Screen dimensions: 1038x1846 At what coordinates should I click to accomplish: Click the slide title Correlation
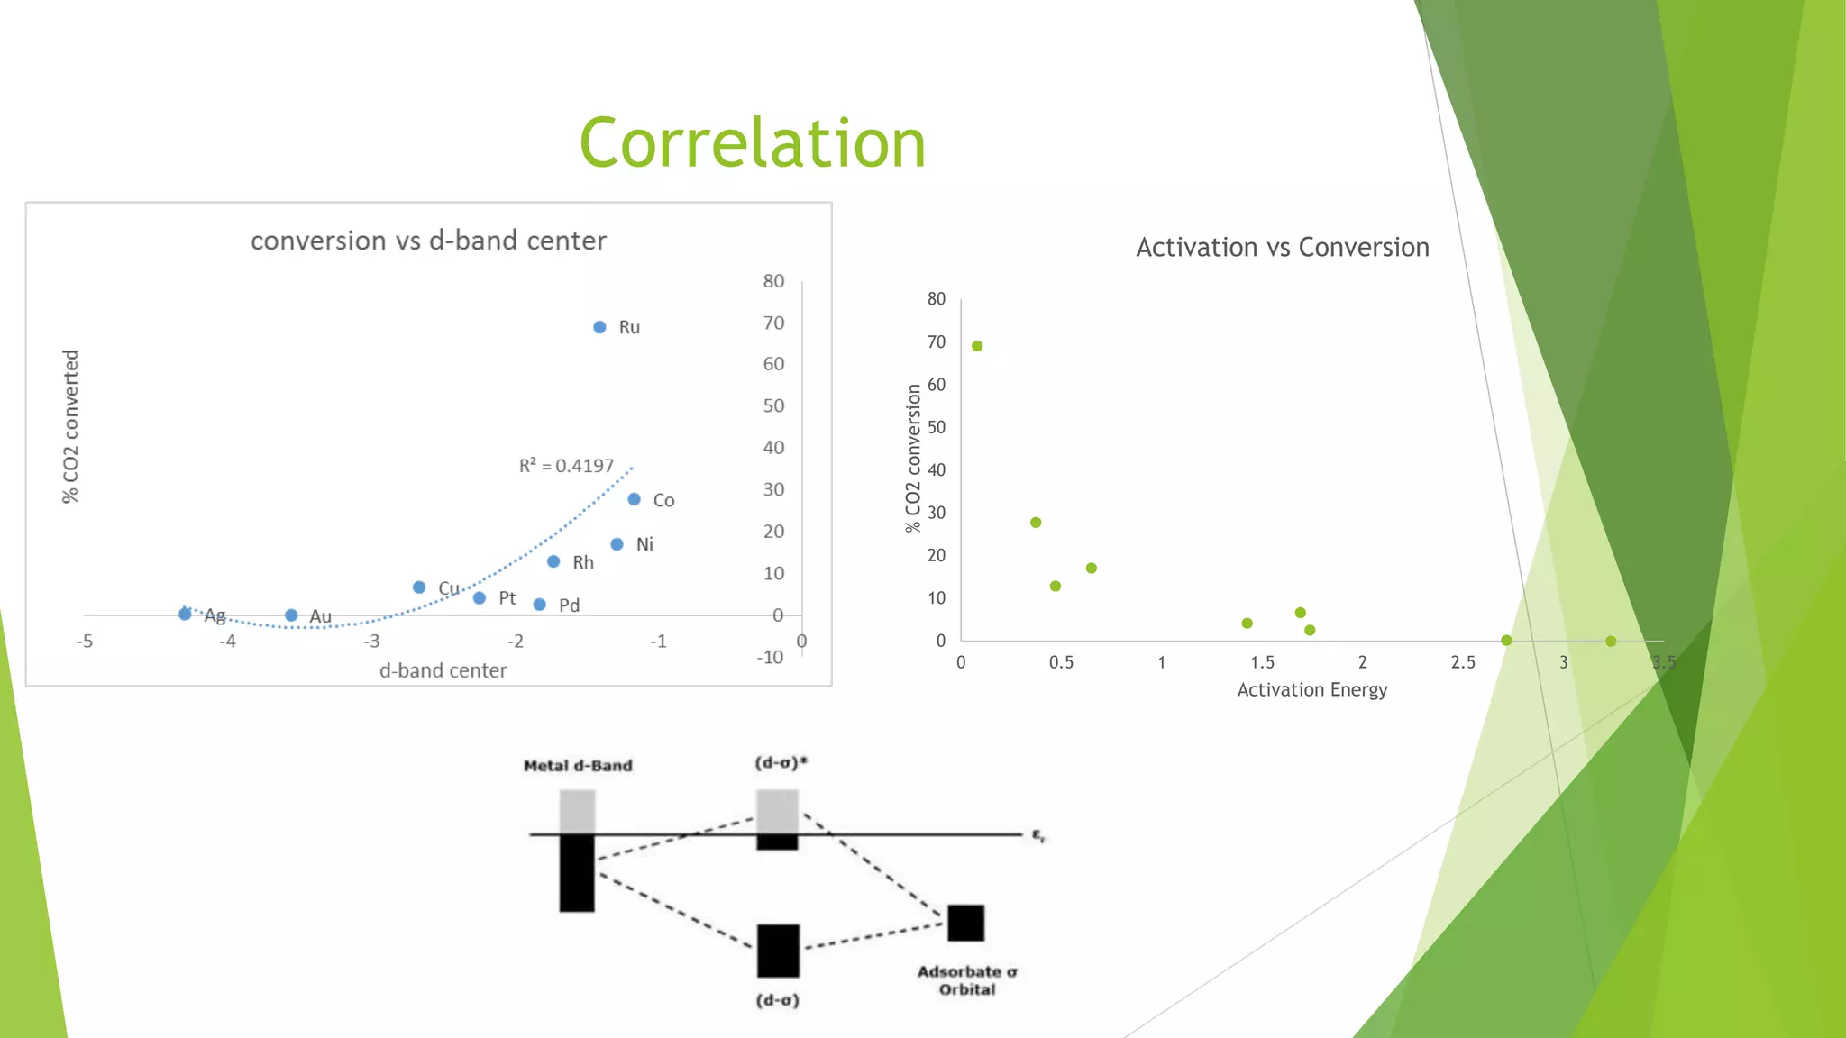tap(752, 144)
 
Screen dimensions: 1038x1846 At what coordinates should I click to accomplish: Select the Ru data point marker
tap(599, 327)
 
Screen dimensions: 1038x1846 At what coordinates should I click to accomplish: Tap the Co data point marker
tap(634, 499)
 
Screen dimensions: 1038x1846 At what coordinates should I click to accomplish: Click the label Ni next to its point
tap(644, 544)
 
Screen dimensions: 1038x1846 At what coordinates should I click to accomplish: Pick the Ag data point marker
tap(185, 614)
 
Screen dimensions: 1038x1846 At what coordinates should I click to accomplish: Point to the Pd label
tap(569, 605)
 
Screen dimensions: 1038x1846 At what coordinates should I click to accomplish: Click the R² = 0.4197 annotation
tap(566, 466)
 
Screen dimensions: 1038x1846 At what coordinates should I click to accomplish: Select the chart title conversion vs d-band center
tap(428, 241)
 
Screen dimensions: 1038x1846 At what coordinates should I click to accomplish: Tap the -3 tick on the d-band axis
tap(371, 642)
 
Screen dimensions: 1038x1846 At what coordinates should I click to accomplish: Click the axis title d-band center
tap(443, 670)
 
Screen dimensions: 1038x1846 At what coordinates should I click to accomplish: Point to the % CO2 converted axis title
tap(70, 426)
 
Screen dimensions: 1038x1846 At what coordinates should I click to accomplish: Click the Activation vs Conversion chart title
tap(1282, 247)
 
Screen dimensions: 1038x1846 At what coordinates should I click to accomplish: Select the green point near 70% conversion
tap(977, 346)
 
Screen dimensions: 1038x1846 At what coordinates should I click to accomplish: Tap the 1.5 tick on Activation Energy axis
tap(1262, 662)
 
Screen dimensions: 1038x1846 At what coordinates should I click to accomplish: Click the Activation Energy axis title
tap(1311, 690)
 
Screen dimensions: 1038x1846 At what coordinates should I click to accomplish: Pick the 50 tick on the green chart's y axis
tap(937, 427)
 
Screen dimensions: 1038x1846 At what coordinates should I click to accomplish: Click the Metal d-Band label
tap(578, 766)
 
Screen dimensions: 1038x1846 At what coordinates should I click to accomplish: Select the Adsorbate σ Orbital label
tap(967, 980)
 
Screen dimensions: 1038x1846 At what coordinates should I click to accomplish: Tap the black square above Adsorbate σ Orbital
tap(965, 923)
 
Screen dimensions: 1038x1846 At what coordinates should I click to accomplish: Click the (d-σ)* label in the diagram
tap(781, 763)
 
